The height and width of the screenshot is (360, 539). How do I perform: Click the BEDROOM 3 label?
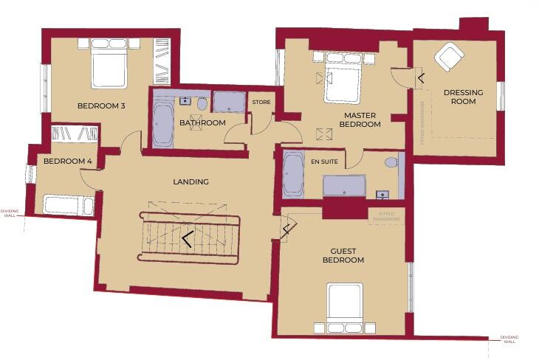click(x=101, y=106)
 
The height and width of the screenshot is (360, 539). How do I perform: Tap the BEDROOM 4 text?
click(x=68, y=161)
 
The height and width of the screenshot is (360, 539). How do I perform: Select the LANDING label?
click(x=190, y=181)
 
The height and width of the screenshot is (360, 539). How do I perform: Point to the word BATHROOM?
click(x=202, y=122)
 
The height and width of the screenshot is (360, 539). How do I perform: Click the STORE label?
click(x=261, y=102)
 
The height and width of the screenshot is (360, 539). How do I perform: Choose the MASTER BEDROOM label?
click(x=360, y=120)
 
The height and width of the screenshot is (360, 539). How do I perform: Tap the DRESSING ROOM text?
click(x=463, y=97)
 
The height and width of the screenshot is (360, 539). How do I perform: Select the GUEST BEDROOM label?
click(x=343, y=255)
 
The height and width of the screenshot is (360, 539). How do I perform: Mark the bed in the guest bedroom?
click(x=345, y=308)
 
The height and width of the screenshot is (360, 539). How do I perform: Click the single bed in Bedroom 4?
click(x=68, y=204)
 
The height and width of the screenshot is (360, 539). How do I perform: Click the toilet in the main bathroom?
click(x=202, y=104)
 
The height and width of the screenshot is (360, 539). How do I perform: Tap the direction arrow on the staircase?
click(x=186, y=239)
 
